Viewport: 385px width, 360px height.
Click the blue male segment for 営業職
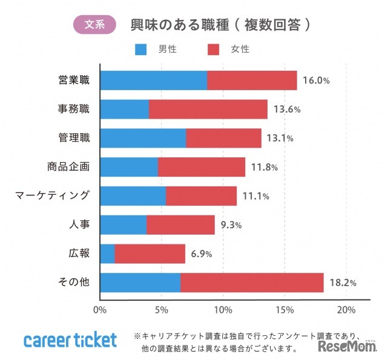tap(153, 80)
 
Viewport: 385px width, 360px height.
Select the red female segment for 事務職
tap(208, 110)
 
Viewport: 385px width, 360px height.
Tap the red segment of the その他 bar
tap(252, 283)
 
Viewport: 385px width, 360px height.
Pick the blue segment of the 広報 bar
tap(107, 254)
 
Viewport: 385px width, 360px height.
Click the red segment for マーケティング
tap(201, 196)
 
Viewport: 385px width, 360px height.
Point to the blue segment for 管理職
tap(143, 138)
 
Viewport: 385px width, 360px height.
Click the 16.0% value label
tap(317, 80)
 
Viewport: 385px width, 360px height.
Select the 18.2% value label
tap(343, 283)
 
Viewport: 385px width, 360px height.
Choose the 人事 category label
tap(79, 225)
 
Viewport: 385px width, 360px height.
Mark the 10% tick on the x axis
tap(223, 310)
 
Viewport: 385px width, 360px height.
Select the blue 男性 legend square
tap(140, 48)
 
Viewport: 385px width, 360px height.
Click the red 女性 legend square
tap(213, 48)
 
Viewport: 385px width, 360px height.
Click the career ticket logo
tap(70, 339)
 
